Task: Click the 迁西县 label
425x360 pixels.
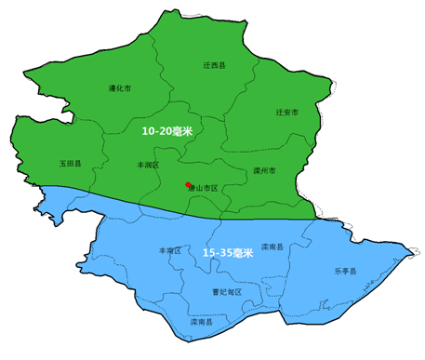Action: tap(214, 66)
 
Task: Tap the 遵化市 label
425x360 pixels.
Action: tap(119, 88)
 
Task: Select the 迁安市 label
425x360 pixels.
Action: tap(287, 112)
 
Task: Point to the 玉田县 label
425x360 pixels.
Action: tap(71, 163)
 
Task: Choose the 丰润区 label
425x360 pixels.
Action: tap(148, 164)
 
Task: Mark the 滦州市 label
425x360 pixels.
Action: tap(264, 171)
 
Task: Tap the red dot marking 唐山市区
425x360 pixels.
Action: tap(188, 184)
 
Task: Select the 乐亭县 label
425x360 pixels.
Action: tap(345, 272)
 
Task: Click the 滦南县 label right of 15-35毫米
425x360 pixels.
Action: tap(272, 247)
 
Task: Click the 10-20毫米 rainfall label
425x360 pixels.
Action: tap(166, 132)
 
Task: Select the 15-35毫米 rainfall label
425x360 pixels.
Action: tap(228, 253)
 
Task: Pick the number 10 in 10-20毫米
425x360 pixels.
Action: tap(148, 132)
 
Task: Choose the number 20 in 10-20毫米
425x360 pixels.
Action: tap(166, 132)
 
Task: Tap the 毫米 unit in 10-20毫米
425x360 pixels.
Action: tap(182, 132)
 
